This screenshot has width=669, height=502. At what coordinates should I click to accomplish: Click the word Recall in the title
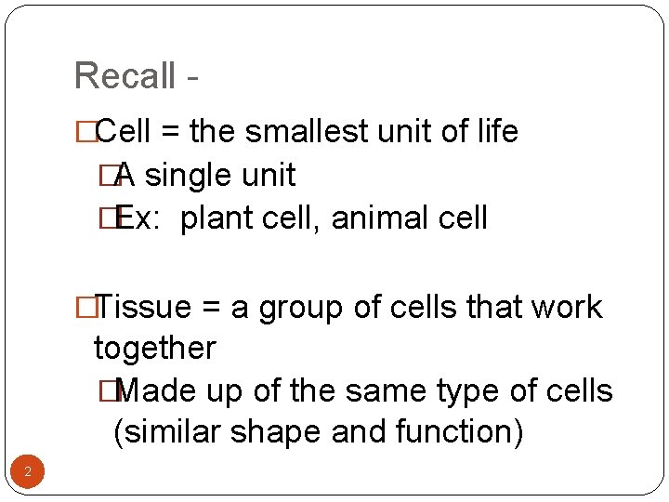(x=125, y=75)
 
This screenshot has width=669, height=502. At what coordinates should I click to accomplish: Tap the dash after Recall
(x=192, y=78)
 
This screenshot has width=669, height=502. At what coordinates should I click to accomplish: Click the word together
(x=154, y=349)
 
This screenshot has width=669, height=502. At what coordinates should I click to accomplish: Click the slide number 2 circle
(x=28, y=472)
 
